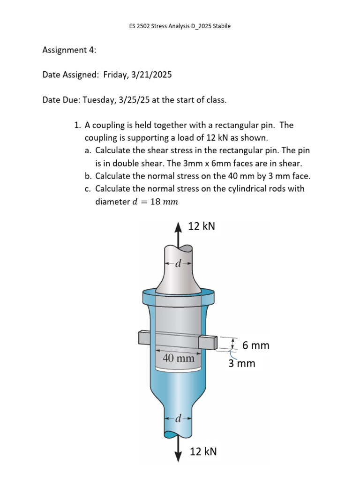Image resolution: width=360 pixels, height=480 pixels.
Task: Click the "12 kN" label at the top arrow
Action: [x=202, y=226]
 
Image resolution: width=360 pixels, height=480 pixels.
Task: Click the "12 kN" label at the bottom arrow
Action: [x=203, y=451]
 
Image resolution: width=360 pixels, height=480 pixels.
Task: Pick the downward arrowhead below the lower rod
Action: [x=178, y=457]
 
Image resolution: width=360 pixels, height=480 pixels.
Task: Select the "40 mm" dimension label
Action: [x=178, y=359]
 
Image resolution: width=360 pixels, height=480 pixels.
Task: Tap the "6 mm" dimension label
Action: [x=256, y=345]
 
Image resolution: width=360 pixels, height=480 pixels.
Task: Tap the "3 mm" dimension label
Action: [x=242, y=363]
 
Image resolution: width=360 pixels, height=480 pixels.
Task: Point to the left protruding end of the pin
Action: [x=144, y=337]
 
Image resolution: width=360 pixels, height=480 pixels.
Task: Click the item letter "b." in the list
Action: [x=89, y=176]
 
